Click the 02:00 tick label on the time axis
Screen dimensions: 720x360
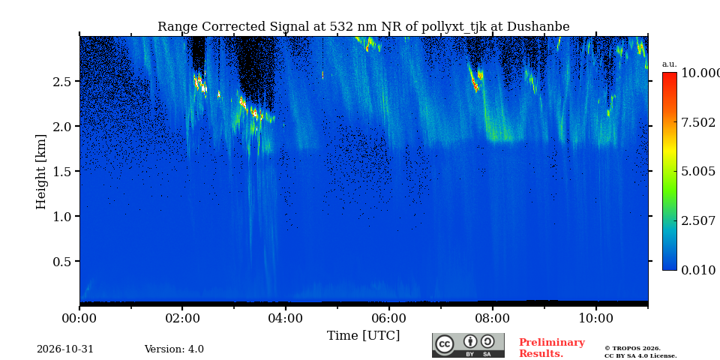182,318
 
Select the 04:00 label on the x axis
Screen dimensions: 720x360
286,318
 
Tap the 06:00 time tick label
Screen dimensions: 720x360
389,318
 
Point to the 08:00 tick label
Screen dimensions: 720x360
493,318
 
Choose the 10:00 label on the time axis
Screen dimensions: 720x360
596,318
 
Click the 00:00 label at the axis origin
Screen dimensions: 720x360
79,318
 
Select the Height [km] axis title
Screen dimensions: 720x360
41,172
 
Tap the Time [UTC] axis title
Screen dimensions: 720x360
363,336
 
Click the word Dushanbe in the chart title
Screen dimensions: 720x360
538,27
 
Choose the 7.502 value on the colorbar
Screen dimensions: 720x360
698,122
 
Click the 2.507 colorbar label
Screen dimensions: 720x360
698,220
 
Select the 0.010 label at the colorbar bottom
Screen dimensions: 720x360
698,270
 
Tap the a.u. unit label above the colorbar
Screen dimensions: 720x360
670,64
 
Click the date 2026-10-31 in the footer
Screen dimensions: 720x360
65,349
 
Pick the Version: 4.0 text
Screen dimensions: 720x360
174,349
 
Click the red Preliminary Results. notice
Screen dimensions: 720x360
552,348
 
